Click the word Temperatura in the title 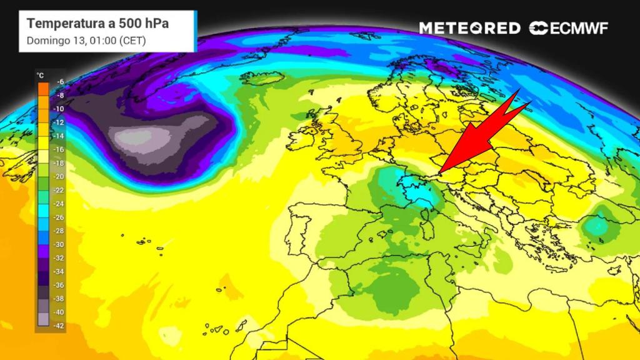point(62,23)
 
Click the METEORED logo point(469,28)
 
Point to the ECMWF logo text point(577,28)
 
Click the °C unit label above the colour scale point(41,75)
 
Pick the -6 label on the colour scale point(60,82)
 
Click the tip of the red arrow point(439,172)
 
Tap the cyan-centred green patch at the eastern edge point(599,224)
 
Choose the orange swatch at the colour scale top point(42,89)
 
